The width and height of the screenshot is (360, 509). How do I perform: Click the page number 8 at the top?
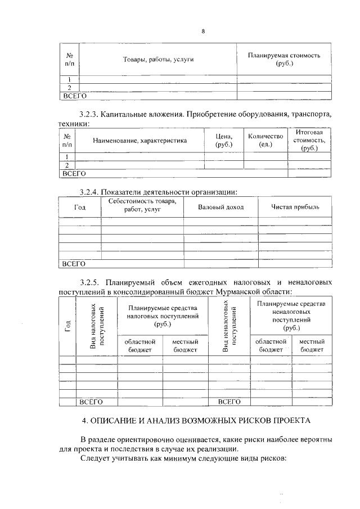(203, 31)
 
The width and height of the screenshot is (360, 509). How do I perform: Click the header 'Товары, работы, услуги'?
(155, 60)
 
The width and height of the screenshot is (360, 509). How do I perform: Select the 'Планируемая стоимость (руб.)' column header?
(284, 60)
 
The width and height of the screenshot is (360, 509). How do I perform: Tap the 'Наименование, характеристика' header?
(139, 140)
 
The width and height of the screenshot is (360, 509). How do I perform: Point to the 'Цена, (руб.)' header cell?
(223, 140)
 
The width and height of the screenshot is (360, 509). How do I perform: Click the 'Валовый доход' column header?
(221, 207)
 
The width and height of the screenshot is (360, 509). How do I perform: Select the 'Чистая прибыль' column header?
(295, 207)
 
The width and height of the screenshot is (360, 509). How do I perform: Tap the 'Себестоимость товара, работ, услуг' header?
(142, 205)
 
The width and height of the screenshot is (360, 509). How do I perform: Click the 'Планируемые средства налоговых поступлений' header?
(162, 316)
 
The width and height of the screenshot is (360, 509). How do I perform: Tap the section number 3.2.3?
(91, 115)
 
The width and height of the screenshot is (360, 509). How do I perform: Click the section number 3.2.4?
(91, 191)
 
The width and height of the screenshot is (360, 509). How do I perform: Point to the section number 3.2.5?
(91, 281)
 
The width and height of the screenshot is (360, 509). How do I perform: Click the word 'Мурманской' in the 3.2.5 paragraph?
(245, 291)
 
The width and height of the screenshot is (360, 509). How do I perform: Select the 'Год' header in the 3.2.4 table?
(80, 207)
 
